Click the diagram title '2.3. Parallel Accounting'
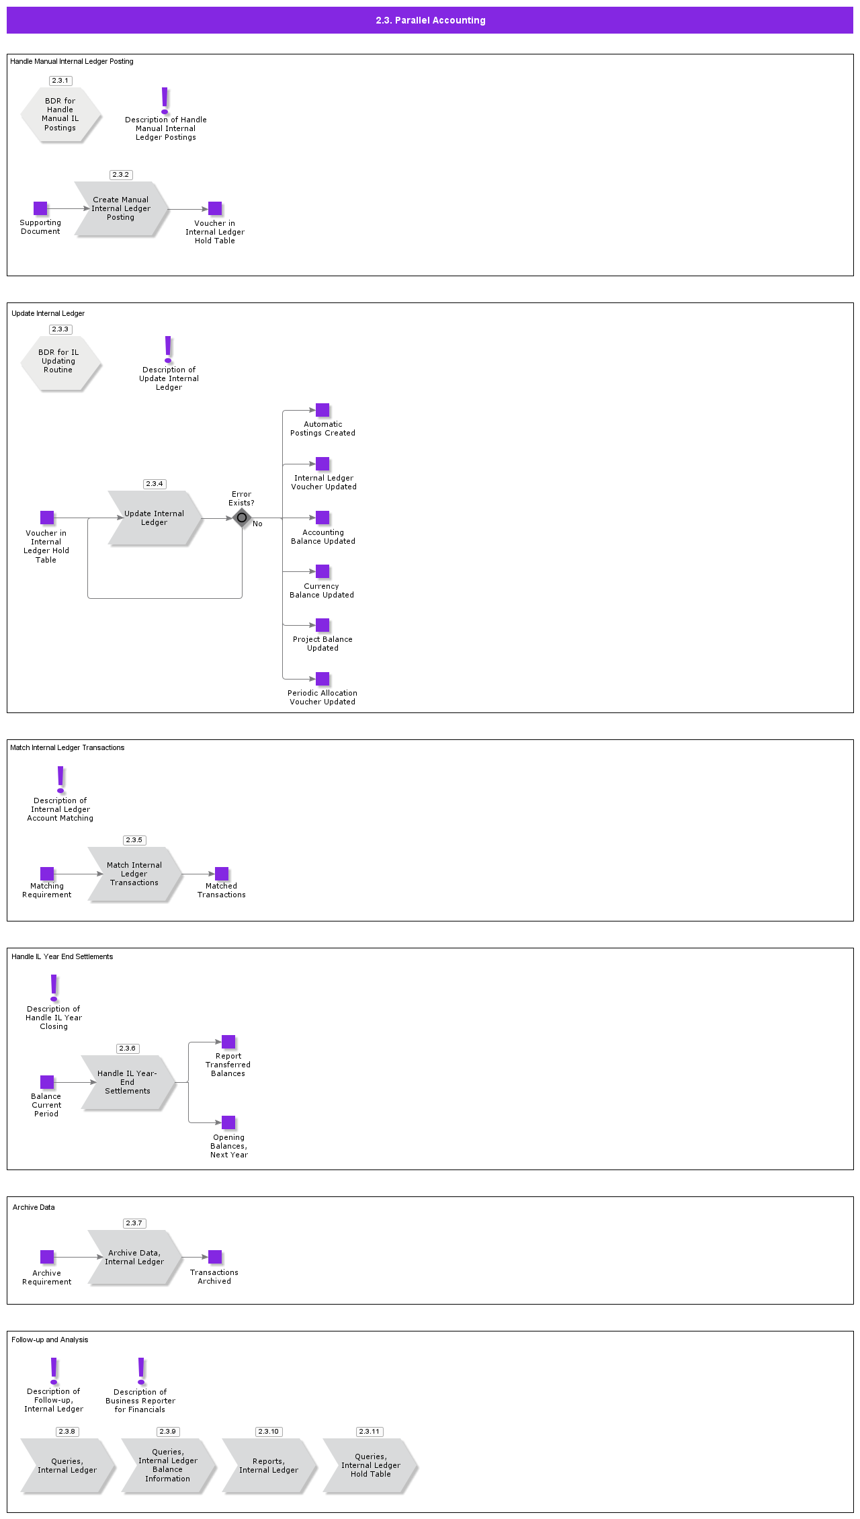[x=430, y=20]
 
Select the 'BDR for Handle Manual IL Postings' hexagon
[x=60, y=114]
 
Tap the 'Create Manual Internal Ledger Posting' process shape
[x=121, y=208]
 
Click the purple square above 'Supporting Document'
[x=40, y=208]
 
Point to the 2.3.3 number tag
[x=60, y=329]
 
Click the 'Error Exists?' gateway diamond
[x=242, y=518]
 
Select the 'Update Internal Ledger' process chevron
[x=155, y=518]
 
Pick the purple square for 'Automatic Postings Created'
[x=322, y=410]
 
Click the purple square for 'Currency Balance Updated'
[x=322, y=571]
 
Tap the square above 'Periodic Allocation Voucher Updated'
[x=322, y=679]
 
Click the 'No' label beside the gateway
[x=257, y=524]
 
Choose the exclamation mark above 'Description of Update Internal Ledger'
[x=168, y=350]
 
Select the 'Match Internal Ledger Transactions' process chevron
[x=134, y=874]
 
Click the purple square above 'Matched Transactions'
[x=222, y=874]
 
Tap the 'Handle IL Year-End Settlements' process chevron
[x=128, y=1082]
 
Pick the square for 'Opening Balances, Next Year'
[x=228, y=1122]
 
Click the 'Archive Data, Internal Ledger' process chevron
[x=134, y=1257]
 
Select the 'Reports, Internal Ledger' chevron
[x=269, y=1465]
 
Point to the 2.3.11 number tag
[x=370, y=1432]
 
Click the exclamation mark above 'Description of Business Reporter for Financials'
[x=141, y=1371]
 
